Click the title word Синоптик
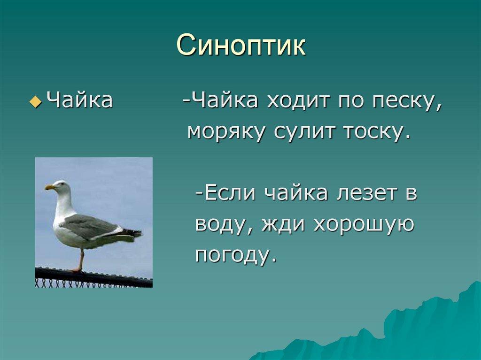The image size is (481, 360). (241, 46)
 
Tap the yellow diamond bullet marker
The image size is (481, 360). (36, 101)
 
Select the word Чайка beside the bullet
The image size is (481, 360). (80, 100)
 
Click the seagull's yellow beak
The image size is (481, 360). (50, 187)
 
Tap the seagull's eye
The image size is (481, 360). (62, 184)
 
